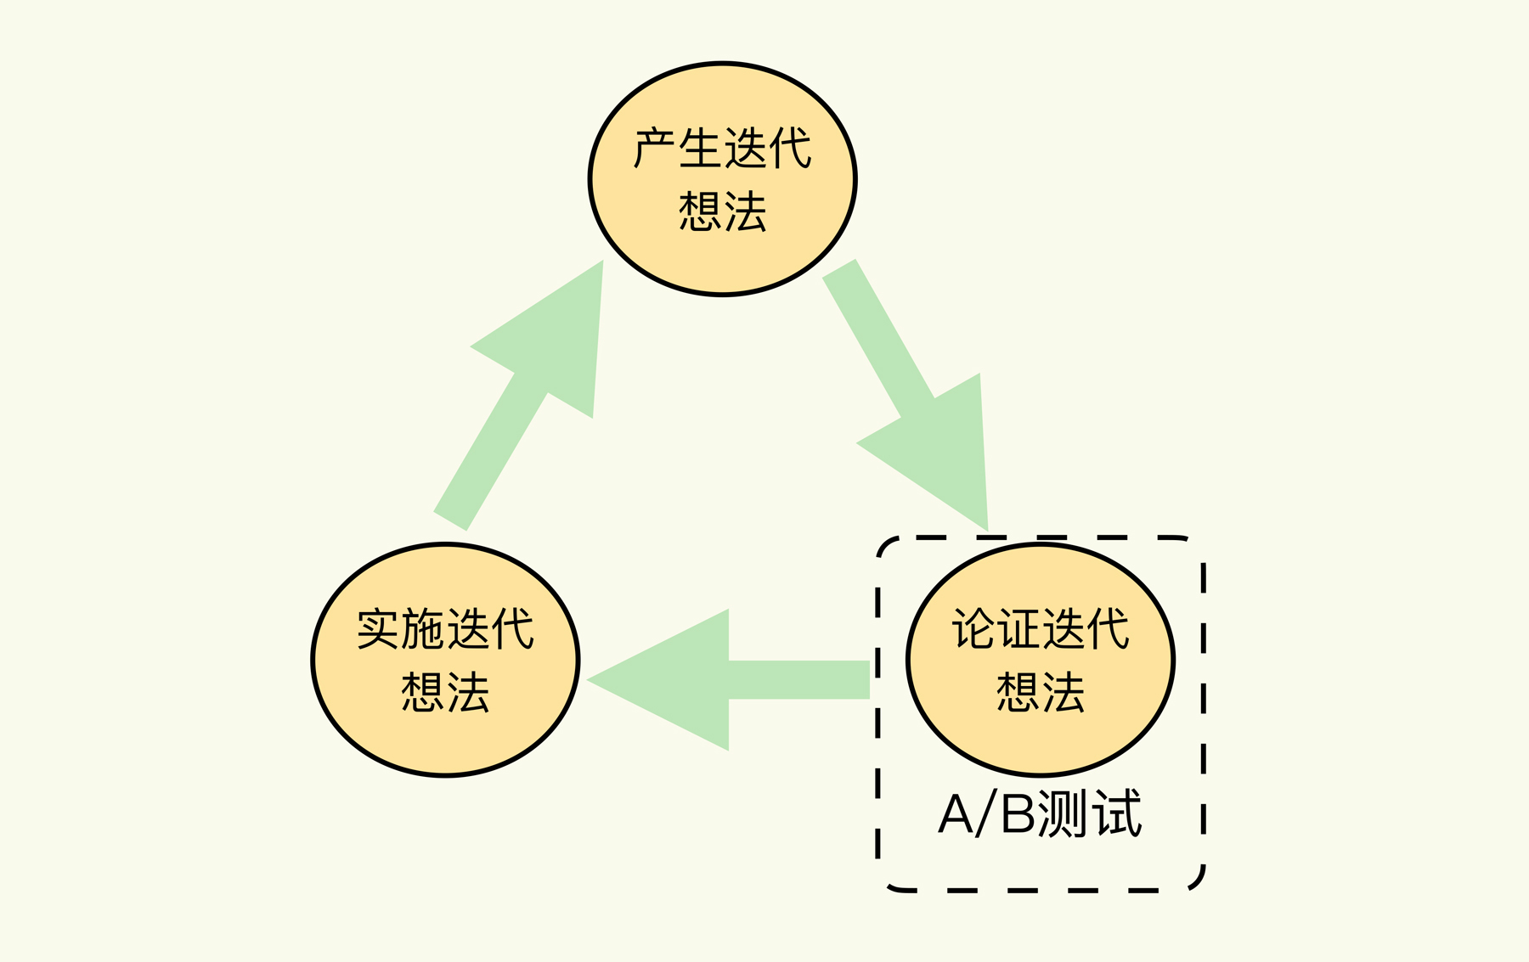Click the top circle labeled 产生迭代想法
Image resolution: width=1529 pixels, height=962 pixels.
click(722, 179)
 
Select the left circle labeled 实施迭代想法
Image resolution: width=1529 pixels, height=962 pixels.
click(445, 660)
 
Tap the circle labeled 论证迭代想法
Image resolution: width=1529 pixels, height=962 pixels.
click(1041, 660)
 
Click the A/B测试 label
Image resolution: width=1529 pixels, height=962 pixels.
click(1040, 814)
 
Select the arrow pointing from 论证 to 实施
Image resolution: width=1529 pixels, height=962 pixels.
click(731, 679)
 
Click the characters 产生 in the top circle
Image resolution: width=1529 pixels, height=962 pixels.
click(677, 149)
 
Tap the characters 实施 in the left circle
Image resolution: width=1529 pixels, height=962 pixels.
click(400, 629)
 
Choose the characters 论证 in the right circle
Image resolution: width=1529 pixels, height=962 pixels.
click(996, 629)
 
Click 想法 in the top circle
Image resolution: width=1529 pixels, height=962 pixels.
click(722, 211)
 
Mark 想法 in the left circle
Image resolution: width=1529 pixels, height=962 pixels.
click(445, 692)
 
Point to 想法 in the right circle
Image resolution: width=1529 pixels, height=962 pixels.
click(1041, 692)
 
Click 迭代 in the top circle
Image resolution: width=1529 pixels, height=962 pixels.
click(768, 149)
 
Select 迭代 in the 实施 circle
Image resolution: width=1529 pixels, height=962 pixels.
click(490, 629)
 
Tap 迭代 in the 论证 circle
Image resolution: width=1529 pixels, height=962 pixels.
click(1086, 629)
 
